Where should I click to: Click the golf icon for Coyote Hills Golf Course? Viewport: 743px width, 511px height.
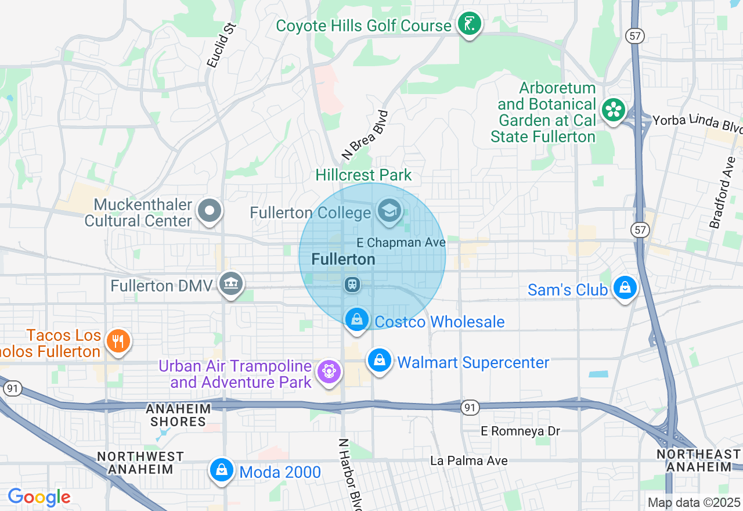469,25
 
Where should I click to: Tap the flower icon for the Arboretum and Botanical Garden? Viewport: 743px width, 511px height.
612,110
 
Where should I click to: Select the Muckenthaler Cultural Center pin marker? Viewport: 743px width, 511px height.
210,211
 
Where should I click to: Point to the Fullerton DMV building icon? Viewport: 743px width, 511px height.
231,284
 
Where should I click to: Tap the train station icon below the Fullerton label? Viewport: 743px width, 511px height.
352,285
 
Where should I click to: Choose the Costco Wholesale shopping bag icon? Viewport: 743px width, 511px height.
357,319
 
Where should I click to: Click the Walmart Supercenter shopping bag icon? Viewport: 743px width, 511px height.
379,361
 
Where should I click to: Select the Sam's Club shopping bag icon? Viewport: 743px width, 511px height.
625,287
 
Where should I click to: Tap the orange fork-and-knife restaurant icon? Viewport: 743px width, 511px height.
118,341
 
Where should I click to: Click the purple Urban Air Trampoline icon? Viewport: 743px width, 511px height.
329,372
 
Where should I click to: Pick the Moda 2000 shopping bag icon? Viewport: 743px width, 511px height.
221,470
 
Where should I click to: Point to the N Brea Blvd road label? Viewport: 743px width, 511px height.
365,135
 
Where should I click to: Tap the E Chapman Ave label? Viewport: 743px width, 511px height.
401,242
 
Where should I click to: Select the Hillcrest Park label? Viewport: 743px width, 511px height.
363,175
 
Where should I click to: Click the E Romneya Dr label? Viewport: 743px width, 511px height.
521,431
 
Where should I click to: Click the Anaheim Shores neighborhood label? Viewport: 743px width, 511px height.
178,415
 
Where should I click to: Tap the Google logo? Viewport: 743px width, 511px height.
39,497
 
